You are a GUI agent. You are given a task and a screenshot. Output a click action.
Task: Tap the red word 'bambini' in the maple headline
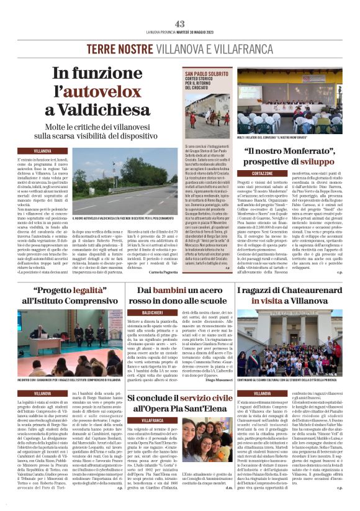coord(164,291)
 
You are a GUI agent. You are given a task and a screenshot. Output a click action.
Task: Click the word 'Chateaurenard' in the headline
coord(308,291)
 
